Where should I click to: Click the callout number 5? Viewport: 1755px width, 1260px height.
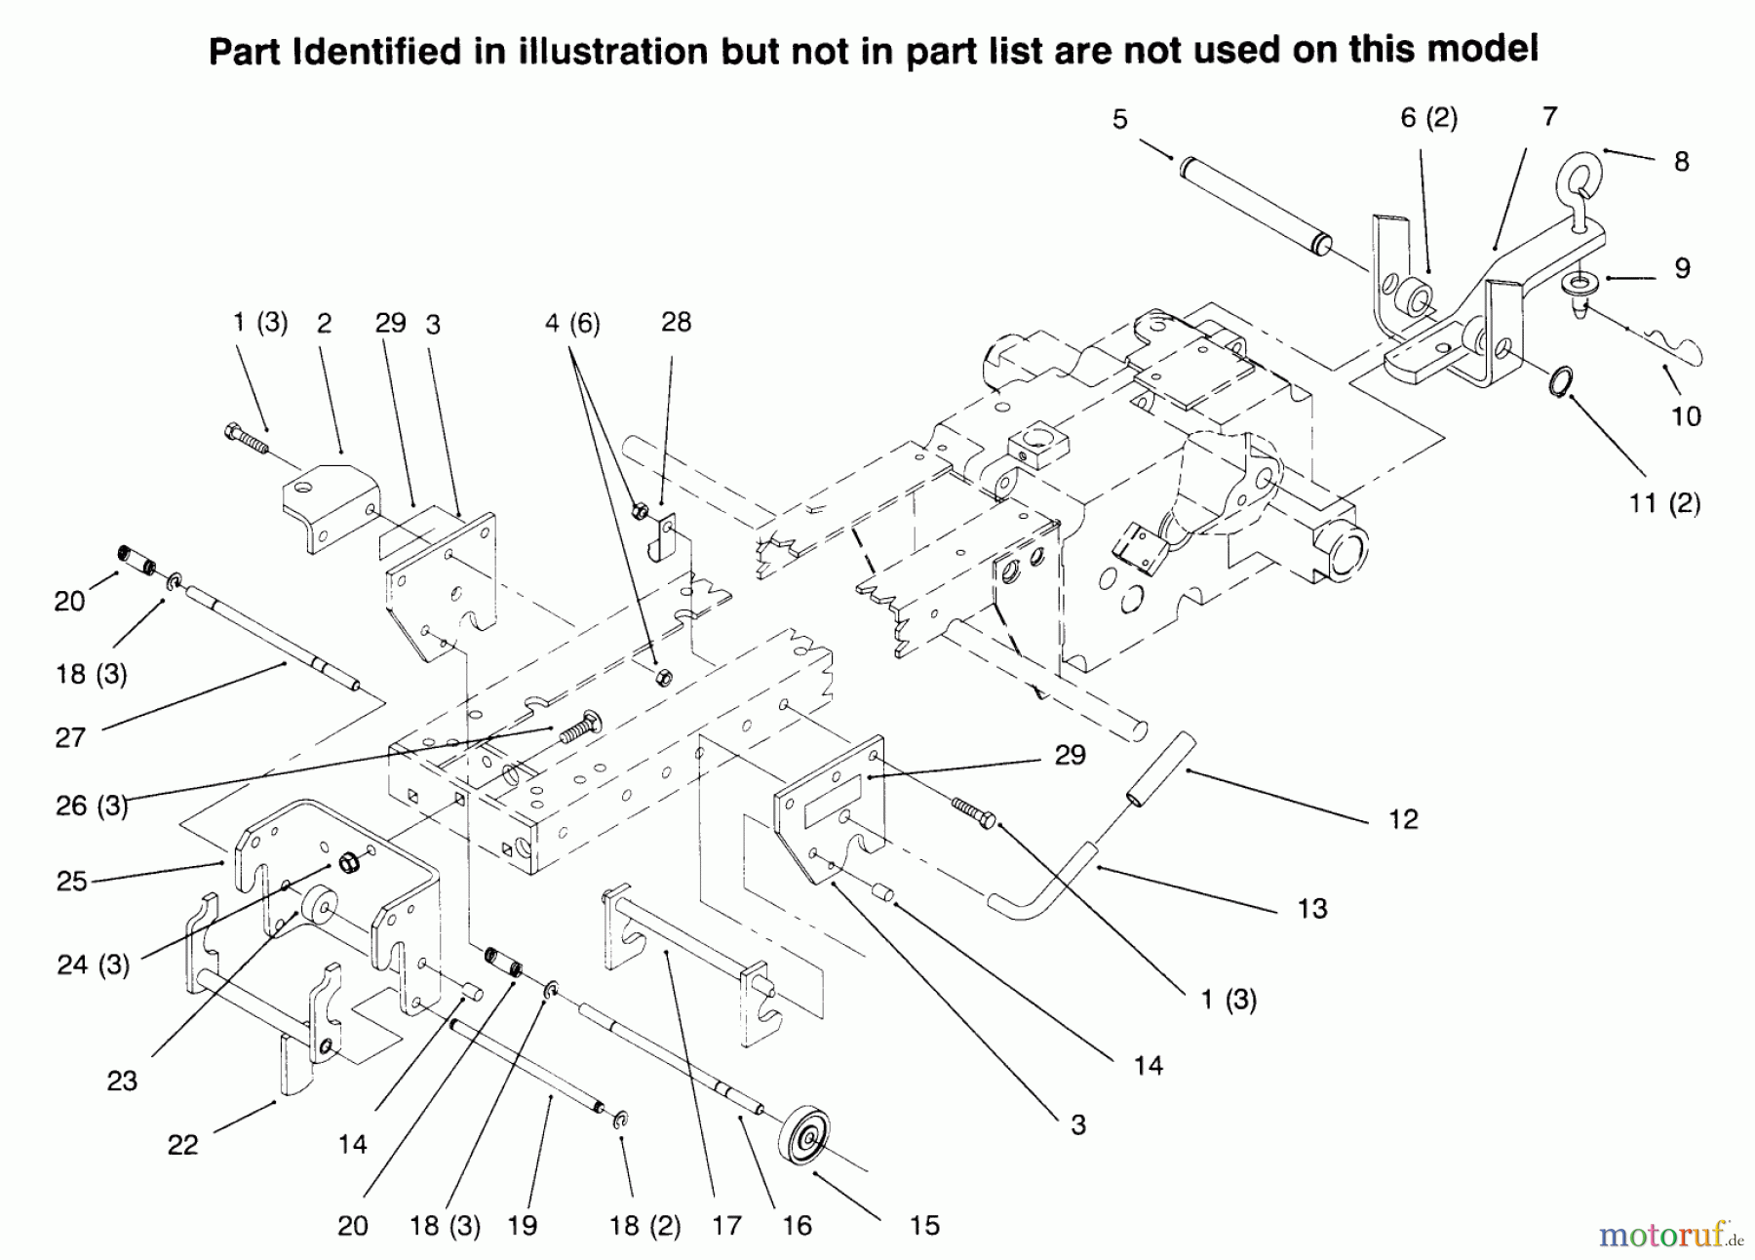point(1119,120)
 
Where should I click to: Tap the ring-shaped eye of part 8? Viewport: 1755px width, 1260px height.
point(1579,171)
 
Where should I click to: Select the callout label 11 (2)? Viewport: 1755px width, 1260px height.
point(1664,503)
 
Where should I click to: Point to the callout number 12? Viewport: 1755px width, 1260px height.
point(1403,819)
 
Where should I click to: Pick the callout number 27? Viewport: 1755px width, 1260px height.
point(70,737)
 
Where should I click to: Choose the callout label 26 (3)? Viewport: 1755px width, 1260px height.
point(92,806)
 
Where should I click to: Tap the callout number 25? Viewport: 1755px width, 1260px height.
point(72,881)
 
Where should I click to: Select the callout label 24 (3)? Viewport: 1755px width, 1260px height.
point(93,965)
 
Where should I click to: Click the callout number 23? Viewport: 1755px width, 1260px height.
point(122,1081)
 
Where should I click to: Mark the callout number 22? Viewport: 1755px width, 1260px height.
point(182,1144)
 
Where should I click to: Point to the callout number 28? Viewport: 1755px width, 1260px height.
point(676,322)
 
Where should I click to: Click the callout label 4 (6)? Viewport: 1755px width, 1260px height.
point(572,322)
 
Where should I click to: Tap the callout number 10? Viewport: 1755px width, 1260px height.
point(1686,416)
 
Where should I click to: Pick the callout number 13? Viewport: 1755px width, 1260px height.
point(1312,909)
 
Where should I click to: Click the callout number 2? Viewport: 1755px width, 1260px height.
point(325,323)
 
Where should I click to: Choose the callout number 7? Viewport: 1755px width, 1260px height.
point(1549,117)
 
